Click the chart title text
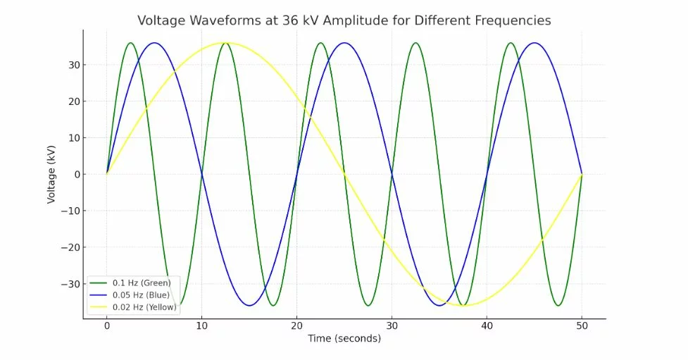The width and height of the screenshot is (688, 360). (344, 20)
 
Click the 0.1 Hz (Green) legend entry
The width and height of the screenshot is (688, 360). (142, 283)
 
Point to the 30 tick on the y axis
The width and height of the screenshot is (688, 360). (72, 65)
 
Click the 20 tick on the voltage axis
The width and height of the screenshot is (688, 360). (72, 101)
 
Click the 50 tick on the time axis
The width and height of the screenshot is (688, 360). (582, 327)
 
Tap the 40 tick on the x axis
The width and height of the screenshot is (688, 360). (487, 327)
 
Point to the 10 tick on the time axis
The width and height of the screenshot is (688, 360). (201, 327)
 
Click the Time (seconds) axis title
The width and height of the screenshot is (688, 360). (344, 339)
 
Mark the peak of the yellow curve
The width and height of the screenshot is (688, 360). (225, 42)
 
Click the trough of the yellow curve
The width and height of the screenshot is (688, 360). (463, 305)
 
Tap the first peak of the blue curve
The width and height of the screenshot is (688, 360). (154, 42)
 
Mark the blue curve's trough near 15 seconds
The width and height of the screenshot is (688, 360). (249, 305)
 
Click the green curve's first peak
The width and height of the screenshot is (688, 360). (130, 42)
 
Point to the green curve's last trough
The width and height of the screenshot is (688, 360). (558, 305)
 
